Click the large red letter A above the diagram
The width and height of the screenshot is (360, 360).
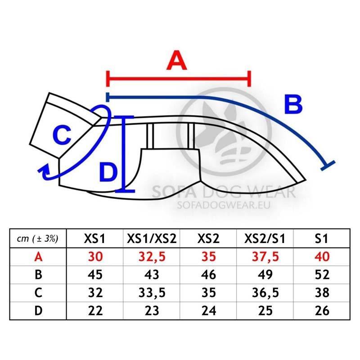point(176,60)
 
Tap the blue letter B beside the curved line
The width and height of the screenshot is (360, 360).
point(293,104)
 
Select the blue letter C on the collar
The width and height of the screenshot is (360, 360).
point(62,135)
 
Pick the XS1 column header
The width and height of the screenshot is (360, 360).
point(94,238)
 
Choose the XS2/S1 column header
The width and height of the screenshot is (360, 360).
point(265,238)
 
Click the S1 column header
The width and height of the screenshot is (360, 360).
point(321,238)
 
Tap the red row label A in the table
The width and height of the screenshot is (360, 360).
point(38,256)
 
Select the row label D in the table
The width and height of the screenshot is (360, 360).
point(38,310)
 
